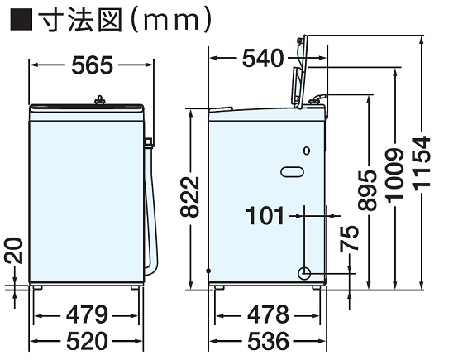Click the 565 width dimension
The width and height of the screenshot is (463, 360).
pyautogui.click(x=92, y=65)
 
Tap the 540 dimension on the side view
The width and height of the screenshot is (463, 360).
pyautogui.click(x=263, y=58)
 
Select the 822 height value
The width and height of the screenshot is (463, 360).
pyautogui.click(x=190, y=197)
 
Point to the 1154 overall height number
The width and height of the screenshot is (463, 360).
pyautogui.click(x=421, y=163)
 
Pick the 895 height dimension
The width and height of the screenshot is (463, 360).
pyautogui.click(x=368, y=190)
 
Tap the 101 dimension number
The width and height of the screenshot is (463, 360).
pyautogui.click(x=265, y=215)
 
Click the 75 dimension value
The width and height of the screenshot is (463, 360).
pyautogui.click(x=349, y=239)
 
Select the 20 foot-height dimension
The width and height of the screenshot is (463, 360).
pyautogui.click(x=14, y=250)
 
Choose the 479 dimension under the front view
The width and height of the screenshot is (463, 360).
pyautogui.click(x=87, y=314)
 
